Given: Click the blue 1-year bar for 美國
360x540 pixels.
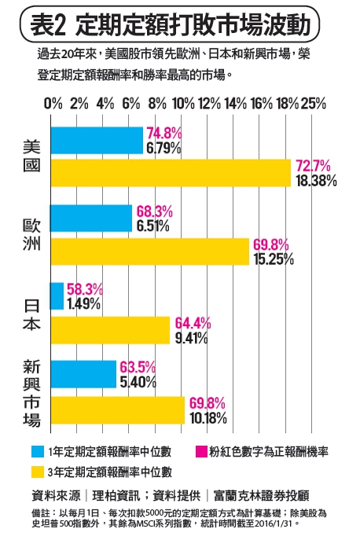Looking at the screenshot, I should [97, 141].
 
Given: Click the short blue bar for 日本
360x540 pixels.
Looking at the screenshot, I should [57, 296].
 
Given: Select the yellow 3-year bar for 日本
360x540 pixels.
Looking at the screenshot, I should [110, 329].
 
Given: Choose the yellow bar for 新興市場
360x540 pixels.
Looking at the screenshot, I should [117, 410].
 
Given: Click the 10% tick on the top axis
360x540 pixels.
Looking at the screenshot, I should [183, 104].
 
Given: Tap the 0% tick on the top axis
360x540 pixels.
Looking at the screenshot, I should [53, 104].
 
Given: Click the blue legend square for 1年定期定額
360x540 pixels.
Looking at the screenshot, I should [37, 452].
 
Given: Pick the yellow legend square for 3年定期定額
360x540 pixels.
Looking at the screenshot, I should [37, 472].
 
